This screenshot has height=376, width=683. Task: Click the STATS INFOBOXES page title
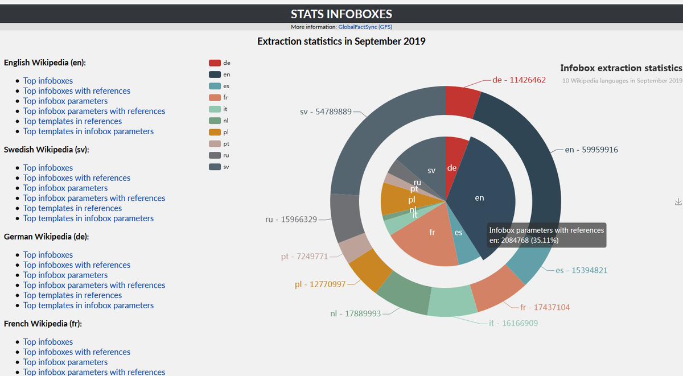click(x=341, y=14)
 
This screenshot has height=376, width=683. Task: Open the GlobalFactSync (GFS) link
click(x=365, y=27)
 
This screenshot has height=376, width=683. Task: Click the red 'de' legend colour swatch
click(x=215, y=63)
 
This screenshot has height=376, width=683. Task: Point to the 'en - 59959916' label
click(x=591, y=150)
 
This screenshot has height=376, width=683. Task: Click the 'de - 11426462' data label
click(x=519, y=80)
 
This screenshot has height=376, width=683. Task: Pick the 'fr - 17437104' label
click(x=544, y=308)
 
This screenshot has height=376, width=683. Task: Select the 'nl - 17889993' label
click(x=355, y=313)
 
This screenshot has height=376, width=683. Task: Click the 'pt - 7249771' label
click(x=304, y=257)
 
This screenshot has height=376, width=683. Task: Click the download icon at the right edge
click(x=678, y=202)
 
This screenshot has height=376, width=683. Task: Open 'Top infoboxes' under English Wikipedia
click(x=48, y=81)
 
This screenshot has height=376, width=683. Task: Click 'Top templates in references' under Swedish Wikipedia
click(x=72, y=208)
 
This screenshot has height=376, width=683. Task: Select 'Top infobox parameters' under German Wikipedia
click(x=65, y=275)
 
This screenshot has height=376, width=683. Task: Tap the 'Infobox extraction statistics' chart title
click(x=621, y=68)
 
